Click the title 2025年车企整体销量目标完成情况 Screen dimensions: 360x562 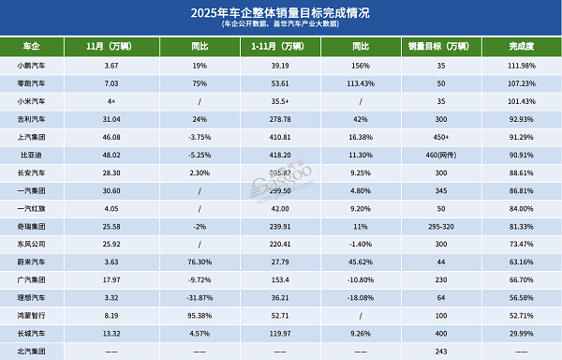(x=281, y=12)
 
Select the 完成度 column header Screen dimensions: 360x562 (x=522, y=45)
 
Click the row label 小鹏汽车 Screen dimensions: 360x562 (x=37, y=64)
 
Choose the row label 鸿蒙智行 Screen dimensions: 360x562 (x=37, y=316)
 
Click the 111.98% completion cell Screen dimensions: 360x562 (x=522, y=64)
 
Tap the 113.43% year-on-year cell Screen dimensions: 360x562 (x=356, y=82)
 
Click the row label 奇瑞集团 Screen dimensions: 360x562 (x=37, y=226)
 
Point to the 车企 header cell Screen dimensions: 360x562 (x=37, y=45)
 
